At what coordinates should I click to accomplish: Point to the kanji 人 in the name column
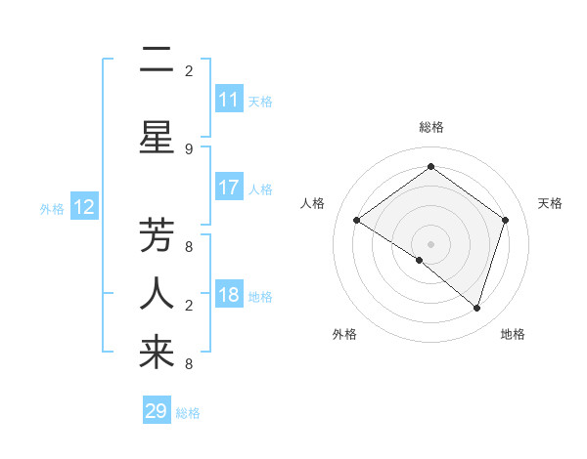click(157, 293)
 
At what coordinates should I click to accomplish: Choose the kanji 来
click(157, 353)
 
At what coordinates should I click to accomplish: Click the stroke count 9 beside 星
click(189, 148)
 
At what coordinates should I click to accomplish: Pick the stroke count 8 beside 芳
click(189, 246)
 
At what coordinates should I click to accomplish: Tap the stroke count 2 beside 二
click(189, 71)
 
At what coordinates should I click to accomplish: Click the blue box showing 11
click(229, 100)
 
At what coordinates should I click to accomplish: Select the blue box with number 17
click(229, 188)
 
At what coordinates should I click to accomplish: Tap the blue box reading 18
click(229, 295)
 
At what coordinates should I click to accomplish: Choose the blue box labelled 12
click(84, 207)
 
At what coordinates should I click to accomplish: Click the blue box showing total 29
click(157, 411)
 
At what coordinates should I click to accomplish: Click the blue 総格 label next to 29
click(189, 413)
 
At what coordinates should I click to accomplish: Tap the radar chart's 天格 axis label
click(550, 203)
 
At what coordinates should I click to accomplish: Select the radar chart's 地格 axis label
click(513, 334)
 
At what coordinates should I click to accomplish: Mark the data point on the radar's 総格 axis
click(430, 167)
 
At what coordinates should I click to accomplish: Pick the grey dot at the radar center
click(430, 243)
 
